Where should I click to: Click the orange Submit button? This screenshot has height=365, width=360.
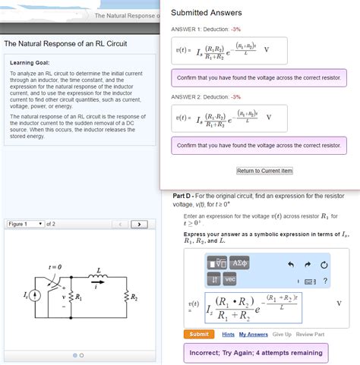(198, 334)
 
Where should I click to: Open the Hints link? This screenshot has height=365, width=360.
(228, 334)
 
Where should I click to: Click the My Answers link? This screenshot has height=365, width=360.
(254, 334)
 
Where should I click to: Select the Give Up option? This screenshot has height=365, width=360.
(282, 334)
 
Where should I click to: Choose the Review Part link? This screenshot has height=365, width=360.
(310, 334)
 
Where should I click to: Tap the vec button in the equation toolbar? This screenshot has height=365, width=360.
(230, 279)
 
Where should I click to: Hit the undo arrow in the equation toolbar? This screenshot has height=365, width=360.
(290, 264)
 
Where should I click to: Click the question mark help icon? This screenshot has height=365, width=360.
(325, 282)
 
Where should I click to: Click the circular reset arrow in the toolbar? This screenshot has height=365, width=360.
(324, 264)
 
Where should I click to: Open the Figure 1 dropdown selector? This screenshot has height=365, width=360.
(26, 224)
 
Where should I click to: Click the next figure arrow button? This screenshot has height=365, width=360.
(139, 224)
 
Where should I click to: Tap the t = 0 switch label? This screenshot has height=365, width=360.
(55, 266)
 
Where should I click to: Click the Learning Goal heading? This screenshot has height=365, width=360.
(31, 62)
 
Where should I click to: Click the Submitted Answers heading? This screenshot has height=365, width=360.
(207, 13)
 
